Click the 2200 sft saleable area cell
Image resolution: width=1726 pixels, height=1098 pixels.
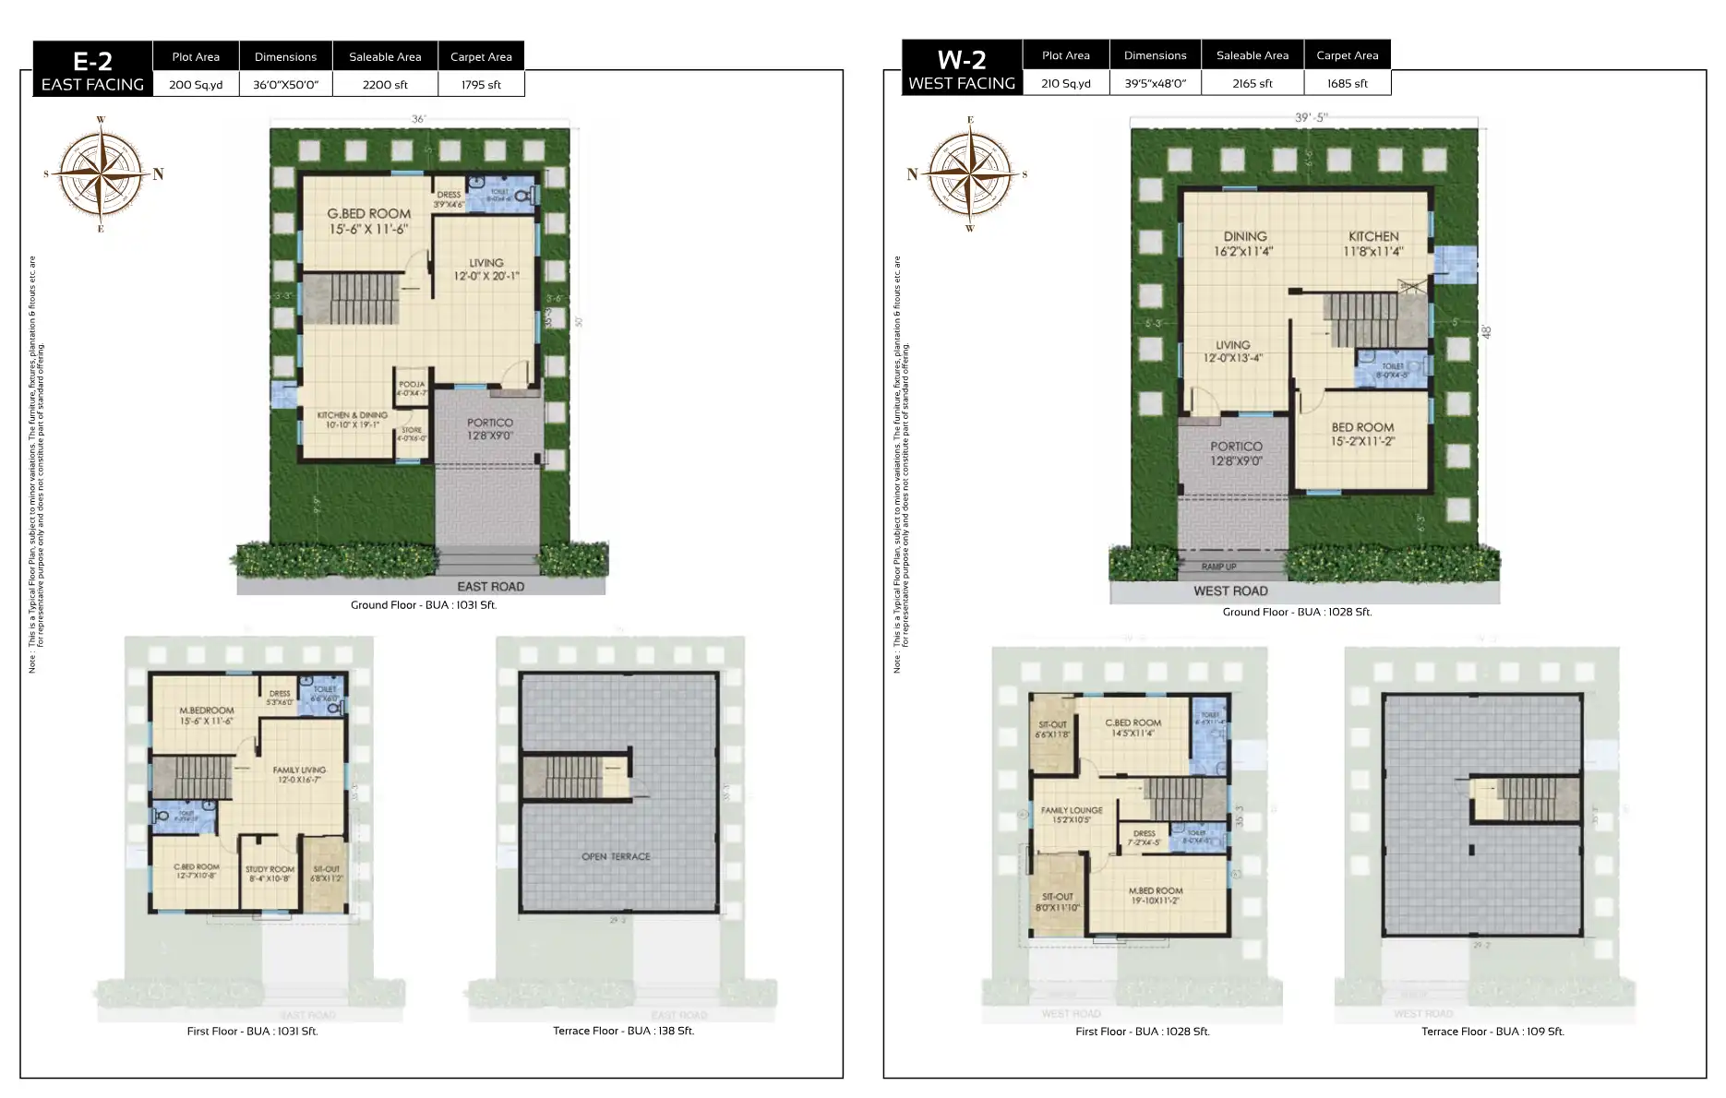tap(385, 84)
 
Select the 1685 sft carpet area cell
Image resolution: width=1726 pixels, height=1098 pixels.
tap(1347, 83)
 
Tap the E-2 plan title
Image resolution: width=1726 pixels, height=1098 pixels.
tap(92, 61)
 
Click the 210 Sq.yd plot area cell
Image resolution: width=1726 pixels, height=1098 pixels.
tap(1065, 83)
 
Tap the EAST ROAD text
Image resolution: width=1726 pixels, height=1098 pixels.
tap(490, 586)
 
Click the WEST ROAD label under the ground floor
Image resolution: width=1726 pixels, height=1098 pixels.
tap(1229, 591)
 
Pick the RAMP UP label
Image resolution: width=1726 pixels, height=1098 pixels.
tap(1218, 567)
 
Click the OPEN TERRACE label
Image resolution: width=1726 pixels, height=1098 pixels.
tap(616, 856)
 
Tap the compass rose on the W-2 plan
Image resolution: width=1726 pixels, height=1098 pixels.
tap(970, 173)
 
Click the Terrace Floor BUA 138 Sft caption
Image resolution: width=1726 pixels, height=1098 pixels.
tap(623, 1031)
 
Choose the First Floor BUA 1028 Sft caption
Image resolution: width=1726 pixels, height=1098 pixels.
tap(1142, 1032)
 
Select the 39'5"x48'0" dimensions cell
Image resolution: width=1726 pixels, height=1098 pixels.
tap(1155, 83)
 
